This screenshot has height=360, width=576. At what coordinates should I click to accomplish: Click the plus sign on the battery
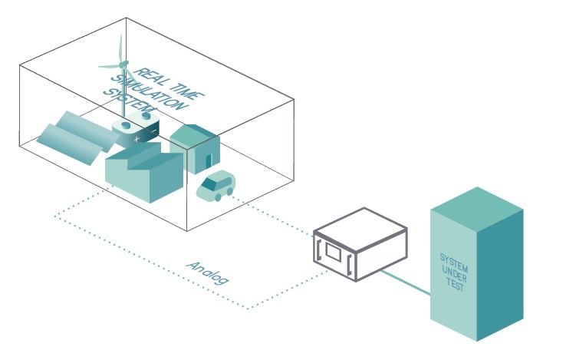(x=137, y=140)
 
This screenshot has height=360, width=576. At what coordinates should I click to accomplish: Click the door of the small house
(x=209, y=161)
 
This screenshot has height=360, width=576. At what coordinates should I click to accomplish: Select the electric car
(x=216, y=186)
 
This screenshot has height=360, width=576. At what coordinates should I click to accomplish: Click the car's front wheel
(x=219, y=197)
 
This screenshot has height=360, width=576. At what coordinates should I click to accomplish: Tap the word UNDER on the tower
(x=454, y=271)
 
